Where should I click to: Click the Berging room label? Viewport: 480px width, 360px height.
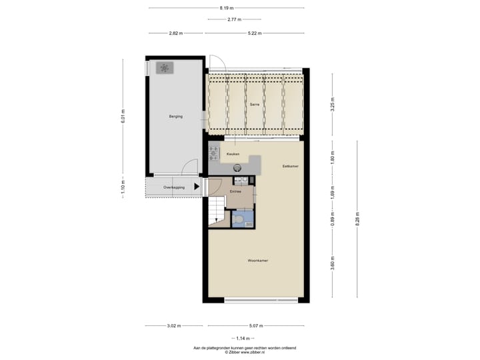[x=175, y=117]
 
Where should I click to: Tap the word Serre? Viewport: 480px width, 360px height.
[x=254, y=105]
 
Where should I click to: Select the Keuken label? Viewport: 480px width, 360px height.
[x=233, y=154]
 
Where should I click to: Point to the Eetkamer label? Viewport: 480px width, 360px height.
[x=290, y=166]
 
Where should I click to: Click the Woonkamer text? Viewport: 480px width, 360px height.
[x=258, y=260]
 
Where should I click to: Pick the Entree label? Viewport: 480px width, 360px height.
[x=235, y=191]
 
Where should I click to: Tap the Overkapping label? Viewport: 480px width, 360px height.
[x=173, y=187]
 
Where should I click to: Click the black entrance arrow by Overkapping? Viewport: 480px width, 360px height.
[x=197, y=187]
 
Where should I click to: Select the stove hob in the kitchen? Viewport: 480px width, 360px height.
[x=214, y=154]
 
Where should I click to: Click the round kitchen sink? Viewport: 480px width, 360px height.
[x=236, y=169]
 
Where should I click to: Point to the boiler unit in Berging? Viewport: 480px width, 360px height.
[x=165, y=67]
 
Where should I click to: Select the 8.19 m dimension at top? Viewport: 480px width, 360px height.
[x=227, y=8]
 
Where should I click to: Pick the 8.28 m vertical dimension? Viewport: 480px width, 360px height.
[x=357, y=221]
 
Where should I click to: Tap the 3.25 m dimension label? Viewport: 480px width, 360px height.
[x=331, y=104]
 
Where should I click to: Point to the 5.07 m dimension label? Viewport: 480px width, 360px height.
[x=255, y=326]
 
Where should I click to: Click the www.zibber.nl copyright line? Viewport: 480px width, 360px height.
[x=245, y=353]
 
